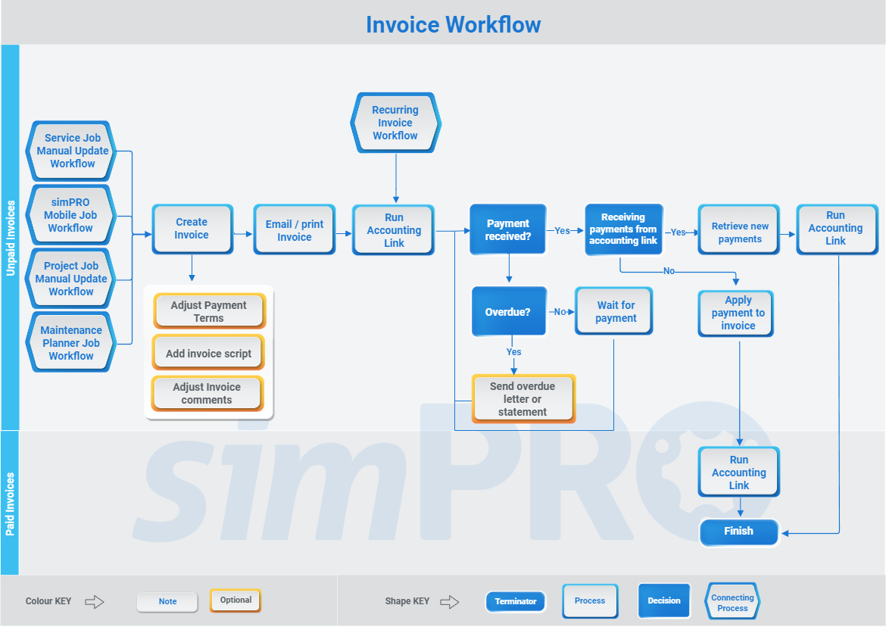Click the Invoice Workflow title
tap(453, 24)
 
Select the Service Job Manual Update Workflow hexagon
tap(72, 151)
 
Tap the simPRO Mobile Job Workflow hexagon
tap(70, 215)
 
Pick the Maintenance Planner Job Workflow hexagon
tap(70, 343)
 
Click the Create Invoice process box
tap(192, 229)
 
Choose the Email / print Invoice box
tap(294, 230)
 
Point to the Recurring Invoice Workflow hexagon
tap(395, 123)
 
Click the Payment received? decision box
tap(507, 230)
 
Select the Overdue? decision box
tap(508, 311)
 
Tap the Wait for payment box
tap(614, 311)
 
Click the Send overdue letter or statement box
tap(523, 399)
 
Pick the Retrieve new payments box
tap(739, 232)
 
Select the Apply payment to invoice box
tap(738, 313)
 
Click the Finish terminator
tap(738, 532)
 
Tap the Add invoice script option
tap(208, 353)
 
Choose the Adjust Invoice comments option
tap(207, 394)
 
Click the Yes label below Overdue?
tap(513, 352)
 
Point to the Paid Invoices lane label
tap(10, 504)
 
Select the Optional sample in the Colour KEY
tap(236, 600)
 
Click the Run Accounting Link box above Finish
tap(738, 473)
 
